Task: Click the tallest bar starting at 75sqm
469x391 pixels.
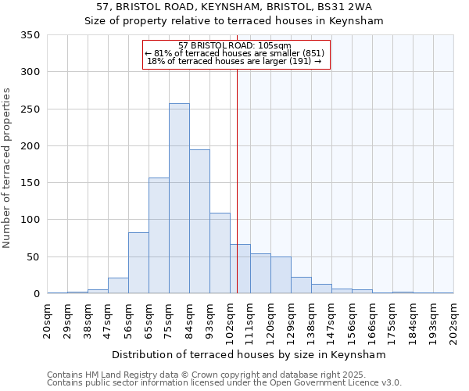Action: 179,199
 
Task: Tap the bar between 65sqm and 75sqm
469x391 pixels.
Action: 159,235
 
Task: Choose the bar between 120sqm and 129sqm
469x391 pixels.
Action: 281,275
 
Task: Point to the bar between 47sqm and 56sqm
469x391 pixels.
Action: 118,285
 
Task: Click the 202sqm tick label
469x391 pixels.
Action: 454,320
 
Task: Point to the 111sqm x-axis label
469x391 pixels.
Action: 250,320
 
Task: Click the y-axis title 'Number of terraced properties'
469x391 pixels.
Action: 7,168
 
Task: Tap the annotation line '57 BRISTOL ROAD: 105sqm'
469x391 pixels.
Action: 234,45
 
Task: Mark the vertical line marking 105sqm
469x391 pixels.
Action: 237,180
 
